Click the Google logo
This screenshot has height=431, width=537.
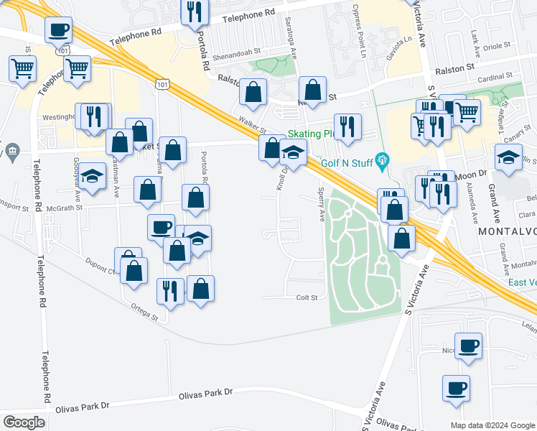pos(24,422)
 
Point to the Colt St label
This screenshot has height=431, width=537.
pos(307,297)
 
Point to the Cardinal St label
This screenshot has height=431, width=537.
pos(493,75)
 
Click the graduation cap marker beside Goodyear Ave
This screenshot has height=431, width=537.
pos(92,177)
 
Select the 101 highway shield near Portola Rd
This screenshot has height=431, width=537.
pos(162,85)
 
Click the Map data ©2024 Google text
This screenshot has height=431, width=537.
pos(492,425)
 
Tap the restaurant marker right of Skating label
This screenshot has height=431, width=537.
pos(347,126)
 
